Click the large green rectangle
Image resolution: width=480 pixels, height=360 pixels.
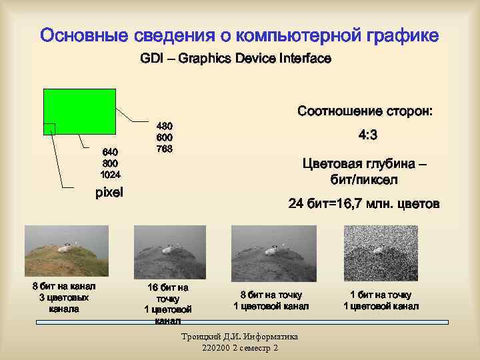click(x=79, y=111)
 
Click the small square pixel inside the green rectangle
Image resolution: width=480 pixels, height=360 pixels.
click(x=49, y=129)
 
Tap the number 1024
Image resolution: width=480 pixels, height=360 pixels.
click(x=110, y=175)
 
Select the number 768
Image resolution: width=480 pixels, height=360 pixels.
click(x=164, y=149)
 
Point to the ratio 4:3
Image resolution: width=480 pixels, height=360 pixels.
click(x=367, y=136)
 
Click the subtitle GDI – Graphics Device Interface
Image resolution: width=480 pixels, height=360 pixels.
click(x=235, y=59)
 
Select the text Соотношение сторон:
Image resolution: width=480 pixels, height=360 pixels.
click(x=365, y=111)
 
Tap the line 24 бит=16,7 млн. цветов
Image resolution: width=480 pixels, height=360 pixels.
click(x=364, y=204)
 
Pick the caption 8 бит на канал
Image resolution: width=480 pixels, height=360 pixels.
click(x=64, y=287)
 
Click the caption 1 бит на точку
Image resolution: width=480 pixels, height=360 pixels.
click(x=381, y=295)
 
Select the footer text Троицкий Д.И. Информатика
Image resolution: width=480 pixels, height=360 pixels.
click(x=239, y=337)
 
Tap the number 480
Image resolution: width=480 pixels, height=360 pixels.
click(x=164, y=125)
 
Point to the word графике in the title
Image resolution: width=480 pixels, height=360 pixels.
click(x=399, y=35)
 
